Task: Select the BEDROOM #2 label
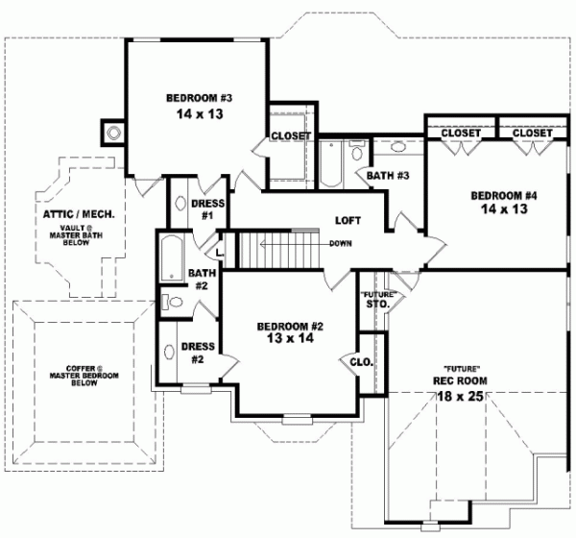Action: (x=291, y=327)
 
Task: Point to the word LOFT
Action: (x=348, y=220)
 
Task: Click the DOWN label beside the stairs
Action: (x=341, y=243)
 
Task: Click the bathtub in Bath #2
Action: (x=174, y=257)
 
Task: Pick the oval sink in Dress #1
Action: (x=180, y=204)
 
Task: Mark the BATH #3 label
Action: (x=389, y=176)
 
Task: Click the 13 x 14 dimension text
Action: (x=291, y=340)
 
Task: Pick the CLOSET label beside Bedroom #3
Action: (x=291, y=136)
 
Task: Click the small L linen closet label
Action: (x=221, y=252)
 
